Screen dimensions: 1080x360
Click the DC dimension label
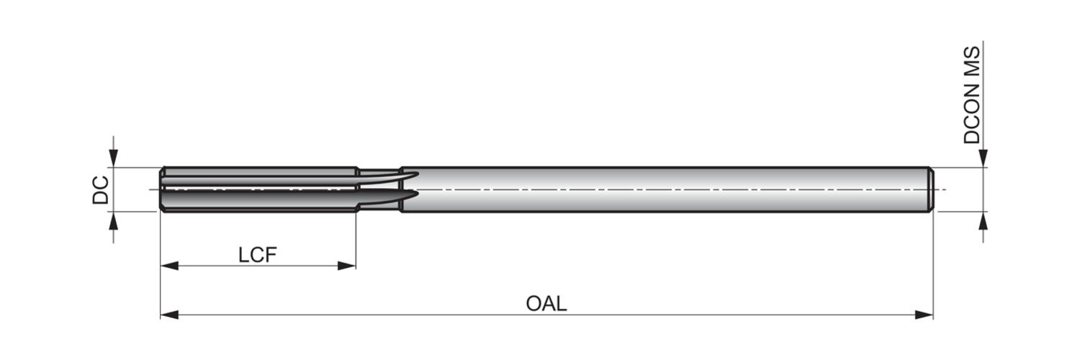tap(100, 190)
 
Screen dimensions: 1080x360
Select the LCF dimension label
tap(258, 255)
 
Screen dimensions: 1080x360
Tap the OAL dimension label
tap(546, 304)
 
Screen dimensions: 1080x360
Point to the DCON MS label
tap(971, 95)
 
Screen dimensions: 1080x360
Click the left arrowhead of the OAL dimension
tap(169, 315)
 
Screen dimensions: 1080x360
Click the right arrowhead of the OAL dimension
tap(924, 315)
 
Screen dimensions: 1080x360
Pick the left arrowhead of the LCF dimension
tap(169, 266)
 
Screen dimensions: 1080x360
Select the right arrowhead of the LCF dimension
tap(346, 266)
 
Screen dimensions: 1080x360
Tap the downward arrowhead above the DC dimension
tap(113, 158)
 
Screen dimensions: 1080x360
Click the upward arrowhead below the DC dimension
tap(113, 221)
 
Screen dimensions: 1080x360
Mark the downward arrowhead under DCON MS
tap(983, 158)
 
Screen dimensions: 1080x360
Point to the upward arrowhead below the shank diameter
tap(983, 221)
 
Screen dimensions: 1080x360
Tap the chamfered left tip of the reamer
tap(162, 189)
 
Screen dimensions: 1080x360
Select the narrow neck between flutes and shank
tap(379, 189)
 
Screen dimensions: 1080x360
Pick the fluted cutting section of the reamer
tap(259, 189)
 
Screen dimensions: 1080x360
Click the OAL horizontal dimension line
tap(546, 315)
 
